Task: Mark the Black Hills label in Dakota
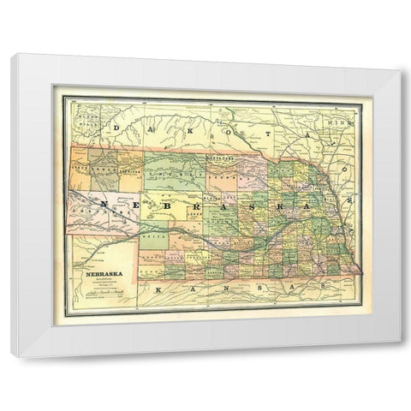coord(86,116)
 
